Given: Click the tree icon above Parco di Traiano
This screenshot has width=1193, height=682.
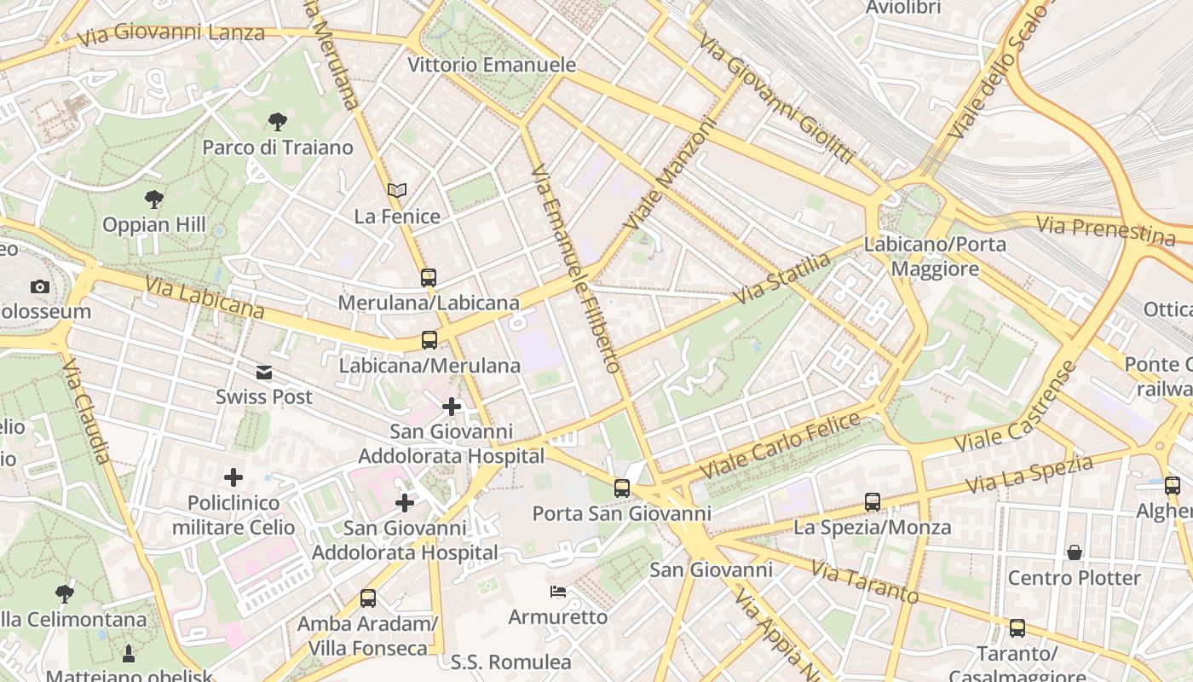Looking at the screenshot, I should (x=277, y=121).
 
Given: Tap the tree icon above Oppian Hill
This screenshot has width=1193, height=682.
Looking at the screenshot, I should (x=154, y=199).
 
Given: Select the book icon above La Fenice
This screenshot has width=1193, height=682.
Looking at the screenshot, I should (x=397, y=190).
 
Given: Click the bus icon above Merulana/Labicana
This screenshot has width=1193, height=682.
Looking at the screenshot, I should (x=429, y=277).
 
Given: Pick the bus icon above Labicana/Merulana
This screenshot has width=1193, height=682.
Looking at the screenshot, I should (x=429, y=340).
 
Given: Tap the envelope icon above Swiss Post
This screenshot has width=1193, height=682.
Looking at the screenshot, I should (x=264, y=372).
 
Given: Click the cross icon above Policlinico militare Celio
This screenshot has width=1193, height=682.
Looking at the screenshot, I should (x=233, y=477).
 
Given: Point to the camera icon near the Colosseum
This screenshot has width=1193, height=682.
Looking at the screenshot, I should (x=40, y=286).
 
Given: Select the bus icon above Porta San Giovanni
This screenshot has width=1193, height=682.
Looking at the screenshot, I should (x=622, y=488).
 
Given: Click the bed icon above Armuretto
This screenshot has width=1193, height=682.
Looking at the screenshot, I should (x=558, y=591).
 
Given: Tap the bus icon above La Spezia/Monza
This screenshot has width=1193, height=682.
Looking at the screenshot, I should (x=872, y=502).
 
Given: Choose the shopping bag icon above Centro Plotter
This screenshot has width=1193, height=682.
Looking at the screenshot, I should (x=1074, y=552).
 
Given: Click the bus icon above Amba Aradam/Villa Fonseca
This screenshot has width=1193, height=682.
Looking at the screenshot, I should (x=368, y=598).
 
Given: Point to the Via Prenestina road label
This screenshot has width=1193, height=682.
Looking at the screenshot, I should (x=1105, y=228).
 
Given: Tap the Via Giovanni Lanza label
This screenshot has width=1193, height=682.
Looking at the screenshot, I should (x=170, y=35).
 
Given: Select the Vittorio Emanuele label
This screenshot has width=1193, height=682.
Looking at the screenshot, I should (x=492, y=65).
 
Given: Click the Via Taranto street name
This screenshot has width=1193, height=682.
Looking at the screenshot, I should (x=864, y=581).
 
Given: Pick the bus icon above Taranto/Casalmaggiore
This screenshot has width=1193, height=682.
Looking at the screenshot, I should (x=1017, y=628).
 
